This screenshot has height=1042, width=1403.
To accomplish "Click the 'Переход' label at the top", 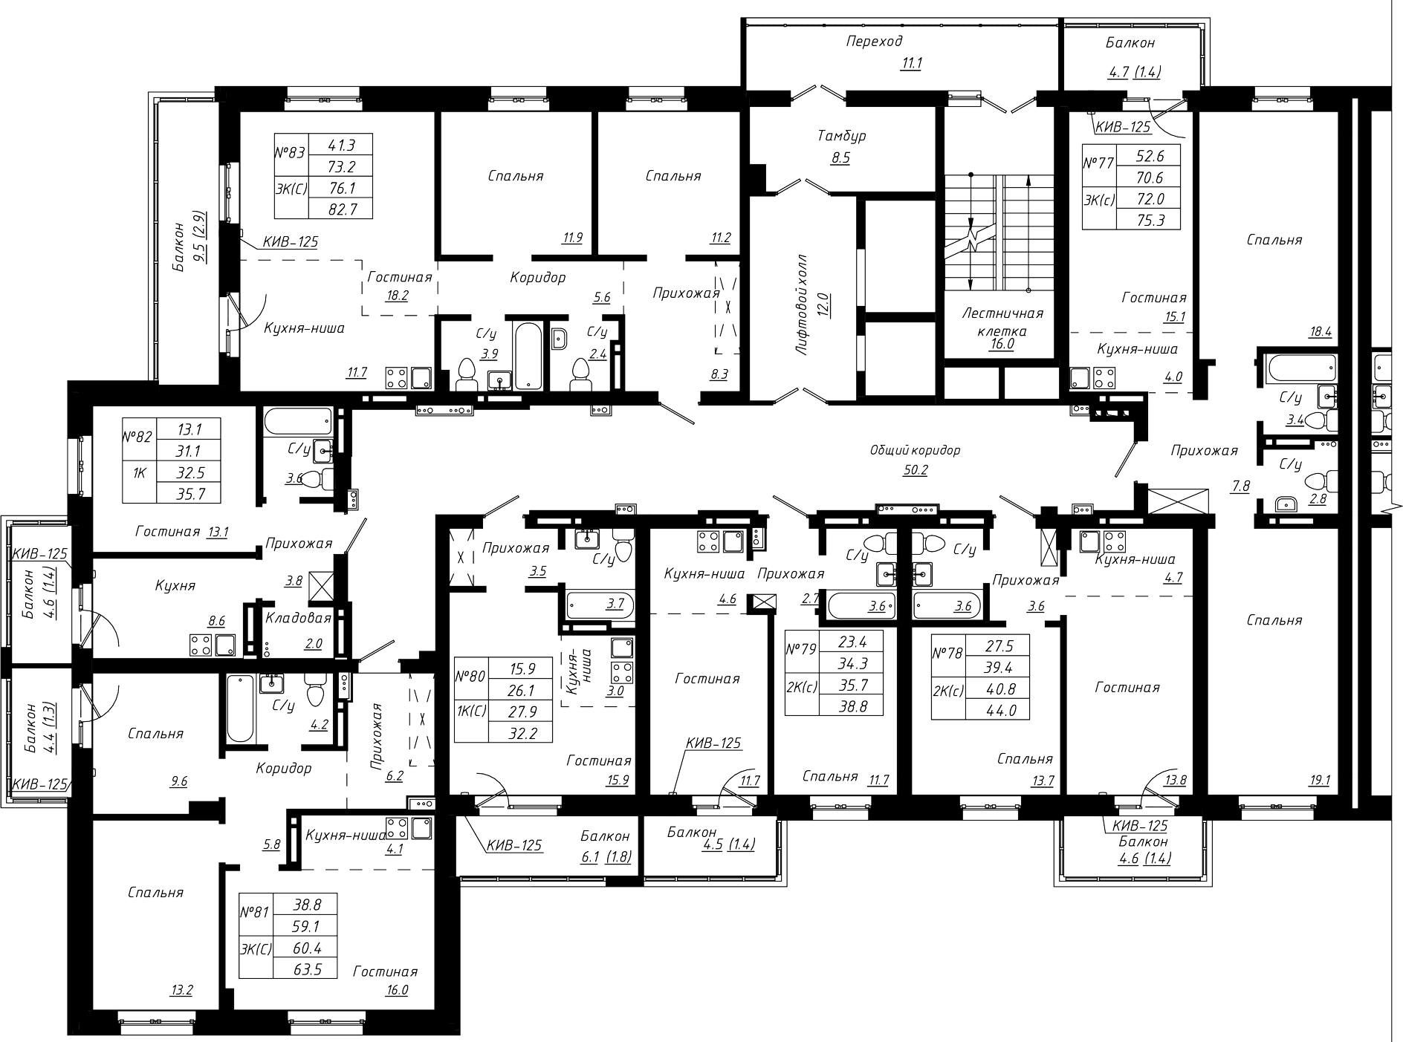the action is click(874, 42).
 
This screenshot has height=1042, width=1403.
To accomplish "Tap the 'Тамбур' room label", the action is click(842, 136).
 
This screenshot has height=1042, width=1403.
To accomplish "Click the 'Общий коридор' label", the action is click(915, 450).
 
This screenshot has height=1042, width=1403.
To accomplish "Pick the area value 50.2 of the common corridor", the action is click(915, 469).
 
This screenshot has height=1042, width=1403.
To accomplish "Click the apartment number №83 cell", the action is click(291, 154).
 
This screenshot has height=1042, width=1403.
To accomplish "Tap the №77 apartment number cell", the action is click(1098, 163).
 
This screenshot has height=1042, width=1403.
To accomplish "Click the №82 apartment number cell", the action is click(139, 437).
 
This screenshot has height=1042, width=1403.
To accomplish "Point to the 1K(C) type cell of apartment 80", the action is click(471, 712).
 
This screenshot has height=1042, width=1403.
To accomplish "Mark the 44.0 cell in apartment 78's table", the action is click(997, 709).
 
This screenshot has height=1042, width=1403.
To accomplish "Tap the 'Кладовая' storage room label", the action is click(298, 618).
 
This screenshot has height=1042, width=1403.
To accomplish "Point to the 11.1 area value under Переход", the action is click(911, 63).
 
